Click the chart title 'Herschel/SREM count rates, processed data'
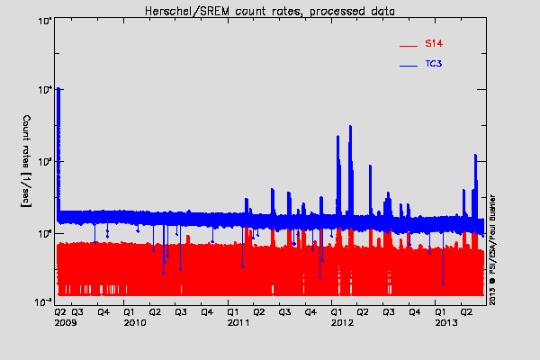pos(270,9)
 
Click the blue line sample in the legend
pos(409,67)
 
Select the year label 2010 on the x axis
pos(135,321)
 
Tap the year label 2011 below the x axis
pos(238,321)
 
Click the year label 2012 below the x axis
pos(342,321)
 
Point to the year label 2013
pos(446,321)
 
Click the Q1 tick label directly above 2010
pos(130,310)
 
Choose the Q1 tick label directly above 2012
pos(337,310)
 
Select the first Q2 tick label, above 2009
pos(59,310)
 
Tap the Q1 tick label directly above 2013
pos(441,310)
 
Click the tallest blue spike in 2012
pos(350,128)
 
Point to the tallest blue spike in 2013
pos(475,157)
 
